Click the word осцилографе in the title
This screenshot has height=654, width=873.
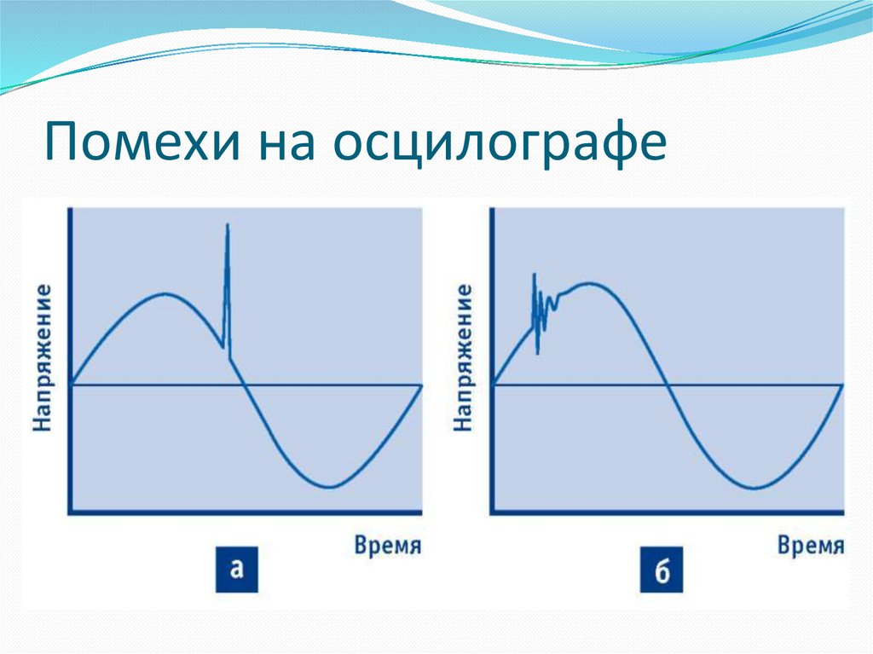tap(500, 144)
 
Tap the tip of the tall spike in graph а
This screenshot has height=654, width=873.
tap(228, 225)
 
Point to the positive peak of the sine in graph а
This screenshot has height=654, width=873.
tap(165, 294)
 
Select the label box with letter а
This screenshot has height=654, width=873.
tap(236, 570)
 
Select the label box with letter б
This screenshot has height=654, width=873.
tap(662, 570)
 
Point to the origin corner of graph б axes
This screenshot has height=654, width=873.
tap(492, 512)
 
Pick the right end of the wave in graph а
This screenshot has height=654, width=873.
tap(420, 385)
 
